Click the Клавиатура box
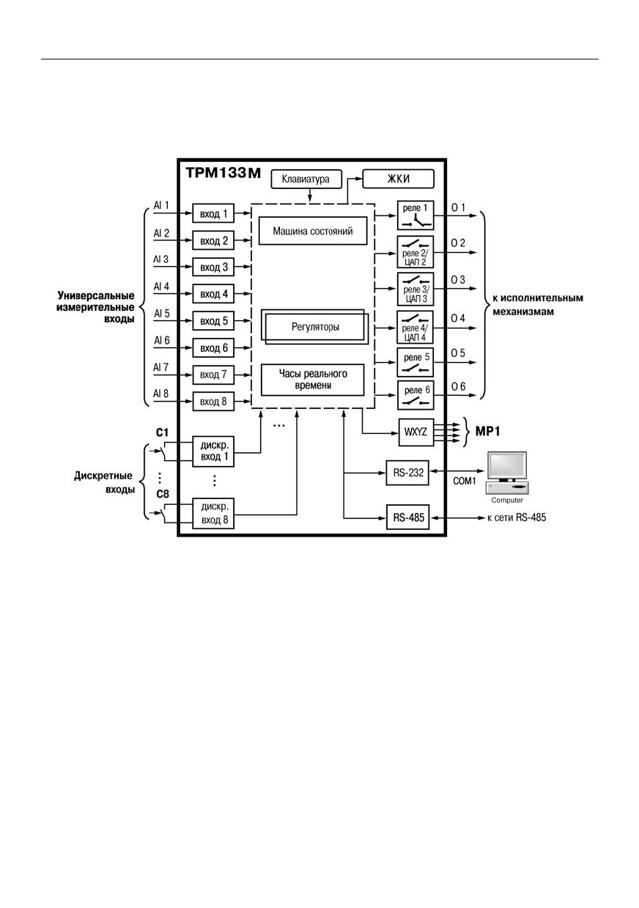point(306,179)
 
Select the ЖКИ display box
point(398,179)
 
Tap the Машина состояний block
point(313,231)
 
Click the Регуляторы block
point(314,327)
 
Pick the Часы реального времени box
point(312,380)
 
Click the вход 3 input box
point(213,267)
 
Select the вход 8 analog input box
point(213,402)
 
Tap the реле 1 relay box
point(415,215)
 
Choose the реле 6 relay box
point(415,395)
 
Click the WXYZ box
point(416,432)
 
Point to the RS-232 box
point(407,473)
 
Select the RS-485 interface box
point(407,517)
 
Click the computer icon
point(507,473)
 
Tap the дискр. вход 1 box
point(213,451)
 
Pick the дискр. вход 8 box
point(213,513)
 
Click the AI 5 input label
point(161,314)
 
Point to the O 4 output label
point(458,318)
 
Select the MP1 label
point(487,432)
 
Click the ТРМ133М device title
point(223,173)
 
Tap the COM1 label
point(465,481)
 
